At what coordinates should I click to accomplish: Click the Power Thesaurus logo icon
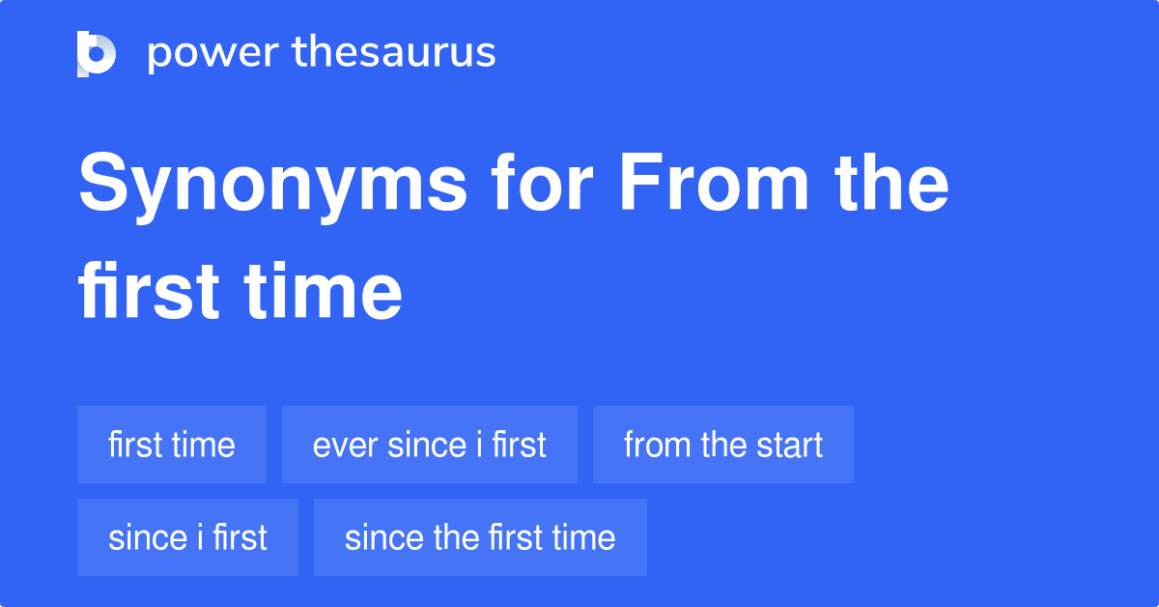(x=97, y=53)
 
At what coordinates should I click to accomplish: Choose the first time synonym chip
(x=172, y=445)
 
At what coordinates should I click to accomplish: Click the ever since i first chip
(x=430, y=445)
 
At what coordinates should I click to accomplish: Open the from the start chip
(x=723, y=445)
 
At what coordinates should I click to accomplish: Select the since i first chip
(x=187, y=537)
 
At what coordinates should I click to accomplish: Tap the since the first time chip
(x=480, y=537)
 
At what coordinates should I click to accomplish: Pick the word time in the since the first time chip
(x=582, y=537)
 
